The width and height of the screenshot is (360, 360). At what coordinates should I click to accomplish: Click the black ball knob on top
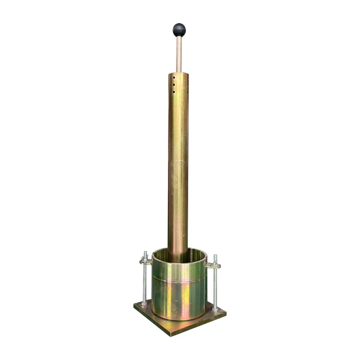point(179,30)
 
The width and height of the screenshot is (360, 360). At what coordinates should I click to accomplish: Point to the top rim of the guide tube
point(179,73)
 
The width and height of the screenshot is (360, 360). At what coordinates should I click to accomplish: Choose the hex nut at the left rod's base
point(144,302)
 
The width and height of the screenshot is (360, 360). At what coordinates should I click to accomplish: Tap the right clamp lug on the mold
point(211,264)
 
